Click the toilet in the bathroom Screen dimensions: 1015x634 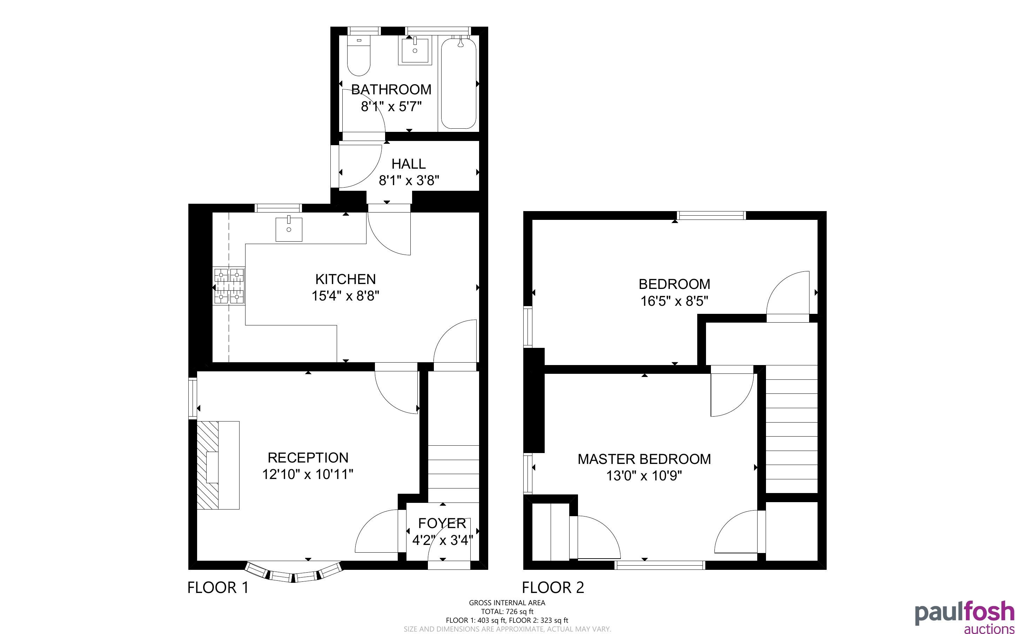point(358,56)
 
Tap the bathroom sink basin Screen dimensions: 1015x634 point(415,50)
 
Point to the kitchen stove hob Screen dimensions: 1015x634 point(229,286)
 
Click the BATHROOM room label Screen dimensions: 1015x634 point(391,89)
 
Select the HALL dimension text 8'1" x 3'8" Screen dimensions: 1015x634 point(409,181)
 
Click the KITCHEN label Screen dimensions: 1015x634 point(345,279)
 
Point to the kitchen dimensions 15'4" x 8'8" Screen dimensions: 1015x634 point(345,296)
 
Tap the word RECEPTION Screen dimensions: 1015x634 point(308,458)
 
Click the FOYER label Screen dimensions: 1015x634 point(442,523)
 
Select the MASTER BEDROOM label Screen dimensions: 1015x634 point(644,459)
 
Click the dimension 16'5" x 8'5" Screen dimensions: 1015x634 point(674,301)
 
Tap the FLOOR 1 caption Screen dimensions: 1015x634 point(218,587)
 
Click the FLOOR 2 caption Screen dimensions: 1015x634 point(553,587)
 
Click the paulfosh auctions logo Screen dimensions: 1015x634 point(964,618)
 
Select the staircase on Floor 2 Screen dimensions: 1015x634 point(792,429)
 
